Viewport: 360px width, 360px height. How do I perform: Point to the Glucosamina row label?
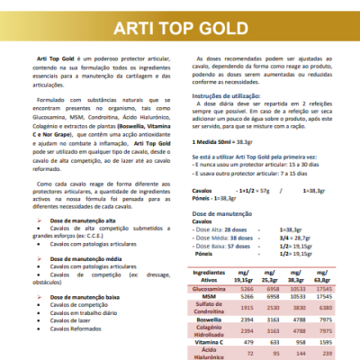pyautogui.click(x=210, y=289)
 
